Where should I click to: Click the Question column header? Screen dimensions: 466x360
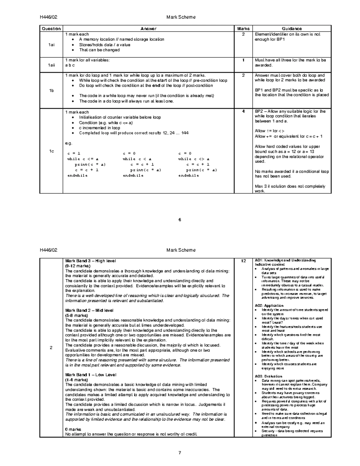[51, 29]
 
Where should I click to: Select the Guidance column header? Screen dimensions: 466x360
[292, 29]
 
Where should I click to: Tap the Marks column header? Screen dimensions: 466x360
[243, 29]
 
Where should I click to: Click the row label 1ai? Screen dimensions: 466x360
[51, 45]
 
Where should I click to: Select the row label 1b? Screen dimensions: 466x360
[51, 91]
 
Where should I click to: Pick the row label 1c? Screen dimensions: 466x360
[51, 151]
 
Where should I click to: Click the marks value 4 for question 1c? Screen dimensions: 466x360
[243, 111]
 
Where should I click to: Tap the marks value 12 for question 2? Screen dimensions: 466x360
[243, 261]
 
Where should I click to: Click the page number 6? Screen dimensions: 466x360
[180, 220]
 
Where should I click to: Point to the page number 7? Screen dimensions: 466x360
[180, 453]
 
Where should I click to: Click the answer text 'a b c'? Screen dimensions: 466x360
[70, 65]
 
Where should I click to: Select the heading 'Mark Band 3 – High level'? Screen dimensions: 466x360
[91, 261]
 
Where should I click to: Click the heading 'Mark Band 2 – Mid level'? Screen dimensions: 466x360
[89, 310]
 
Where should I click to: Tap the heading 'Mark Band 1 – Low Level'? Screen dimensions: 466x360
[91, 375]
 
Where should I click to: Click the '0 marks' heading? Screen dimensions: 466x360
[73, 429]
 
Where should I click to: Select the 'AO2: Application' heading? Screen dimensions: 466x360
[269, 305]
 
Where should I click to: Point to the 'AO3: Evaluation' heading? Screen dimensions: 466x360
[268, 376]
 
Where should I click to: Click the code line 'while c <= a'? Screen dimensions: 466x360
[83, 159]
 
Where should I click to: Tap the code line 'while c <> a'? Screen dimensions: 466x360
[194, 159]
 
